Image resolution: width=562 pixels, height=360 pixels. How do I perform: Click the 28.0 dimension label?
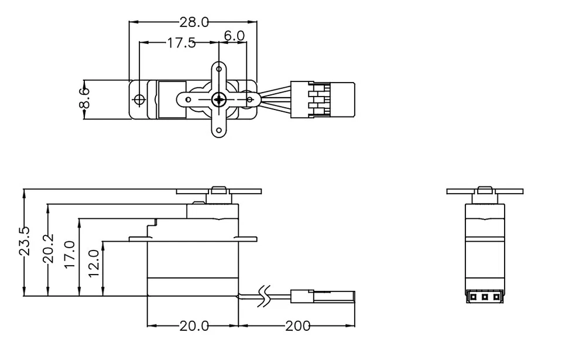click(194, 22)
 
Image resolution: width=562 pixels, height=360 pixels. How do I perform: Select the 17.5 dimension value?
click(181, 43)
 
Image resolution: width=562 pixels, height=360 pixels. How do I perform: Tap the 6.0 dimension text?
click(234, 36)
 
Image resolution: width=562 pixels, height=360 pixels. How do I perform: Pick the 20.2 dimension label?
click(49, 248)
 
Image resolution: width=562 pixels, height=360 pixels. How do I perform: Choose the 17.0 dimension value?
click(70, 255)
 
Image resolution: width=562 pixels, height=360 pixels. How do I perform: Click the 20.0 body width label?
click(194, 326)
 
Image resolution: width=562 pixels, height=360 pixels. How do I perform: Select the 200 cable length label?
click(298, 326)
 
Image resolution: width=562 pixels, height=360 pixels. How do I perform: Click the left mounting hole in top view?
click(139, 100)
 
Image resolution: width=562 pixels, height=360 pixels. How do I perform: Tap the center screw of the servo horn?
click(219, 100)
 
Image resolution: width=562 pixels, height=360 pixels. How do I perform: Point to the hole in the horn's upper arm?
click(219, 68)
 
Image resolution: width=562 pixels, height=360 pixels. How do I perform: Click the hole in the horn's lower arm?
click(219, 131)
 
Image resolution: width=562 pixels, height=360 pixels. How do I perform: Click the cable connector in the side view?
click(322, 296)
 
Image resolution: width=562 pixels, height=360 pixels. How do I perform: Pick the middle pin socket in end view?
click(485, 297)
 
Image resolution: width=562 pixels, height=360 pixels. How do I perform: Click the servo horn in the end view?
click(485, 191)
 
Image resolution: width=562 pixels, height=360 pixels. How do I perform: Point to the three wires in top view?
click(275, 99)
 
